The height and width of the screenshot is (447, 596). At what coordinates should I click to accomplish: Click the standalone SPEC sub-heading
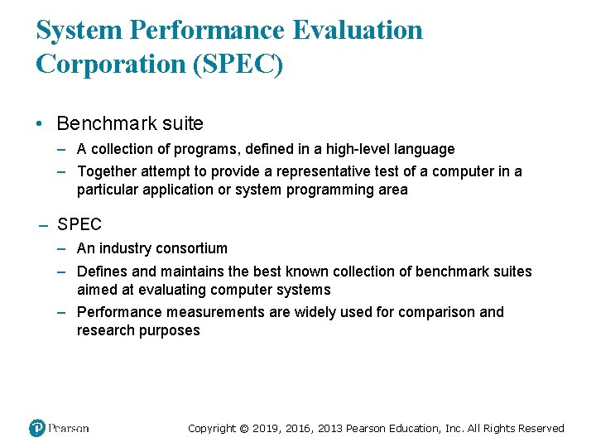pyautogui.click(x=79, y=224)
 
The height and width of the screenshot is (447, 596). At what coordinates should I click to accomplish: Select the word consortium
pyautogui.click(x=193, y=248)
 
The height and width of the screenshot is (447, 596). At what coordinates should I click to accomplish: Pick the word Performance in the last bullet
pyautogui.click(x=119, y=312)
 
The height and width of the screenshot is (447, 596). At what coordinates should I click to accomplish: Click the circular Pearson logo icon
pyautogui.click(x=37, y=428)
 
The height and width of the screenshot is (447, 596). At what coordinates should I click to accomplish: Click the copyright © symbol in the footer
pyautogui.click(x=244, y=428)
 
